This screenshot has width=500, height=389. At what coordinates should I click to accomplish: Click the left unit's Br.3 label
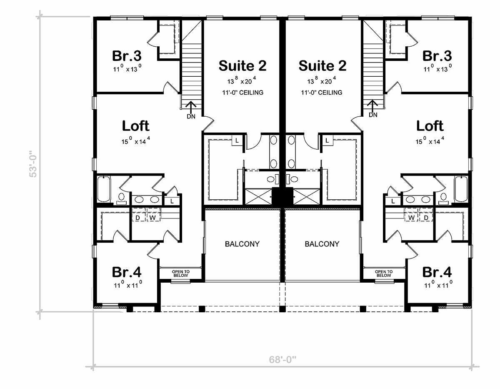(x=127, y=56)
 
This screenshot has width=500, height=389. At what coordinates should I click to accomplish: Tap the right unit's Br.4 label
(x=437, y=272)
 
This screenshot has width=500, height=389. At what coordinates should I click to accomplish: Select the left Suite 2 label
(x=242, y=66)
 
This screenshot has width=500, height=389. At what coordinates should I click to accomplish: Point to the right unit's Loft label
(x=430, y=126)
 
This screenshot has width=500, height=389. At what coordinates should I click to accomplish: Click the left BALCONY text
(x=242, y=244)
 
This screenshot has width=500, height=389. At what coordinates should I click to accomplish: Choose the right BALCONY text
(x=322, y=244)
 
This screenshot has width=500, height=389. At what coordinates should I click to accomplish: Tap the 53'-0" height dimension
(x=33, y=164)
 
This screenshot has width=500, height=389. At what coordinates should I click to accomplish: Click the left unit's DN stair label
(x=191, y=116)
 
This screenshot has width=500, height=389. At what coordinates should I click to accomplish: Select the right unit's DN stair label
(x=373, y=115)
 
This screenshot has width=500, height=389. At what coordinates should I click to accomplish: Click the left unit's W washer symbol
(x=152, y=218)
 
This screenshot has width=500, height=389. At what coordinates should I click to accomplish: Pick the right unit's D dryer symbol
(x=426, y=218)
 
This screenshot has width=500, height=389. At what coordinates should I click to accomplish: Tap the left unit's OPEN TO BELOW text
(x=181, y=274)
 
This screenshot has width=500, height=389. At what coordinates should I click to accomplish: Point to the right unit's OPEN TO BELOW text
(x=384, y=274)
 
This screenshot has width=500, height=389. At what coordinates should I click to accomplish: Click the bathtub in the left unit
(x=104, y=189)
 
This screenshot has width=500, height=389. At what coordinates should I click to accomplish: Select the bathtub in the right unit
(x=461, y=189)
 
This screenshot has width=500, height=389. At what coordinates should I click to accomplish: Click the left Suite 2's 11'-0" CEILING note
(x=242, y=93)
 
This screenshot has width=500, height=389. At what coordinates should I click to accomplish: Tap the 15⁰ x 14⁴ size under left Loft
(x=136, y=141)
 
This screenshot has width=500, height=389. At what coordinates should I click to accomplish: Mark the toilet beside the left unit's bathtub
(x=121, y=199)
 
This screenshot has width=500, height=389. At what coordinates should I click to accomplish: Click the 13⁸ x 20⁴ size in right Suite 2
(x=321, y=80)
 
